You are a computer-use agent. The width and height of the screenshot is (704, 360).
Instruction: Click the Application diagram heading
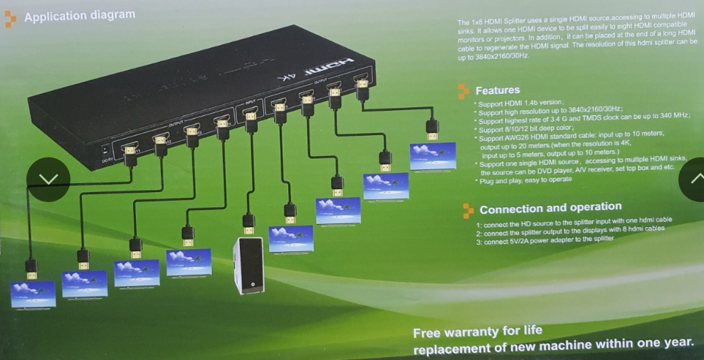(x=79, y=16)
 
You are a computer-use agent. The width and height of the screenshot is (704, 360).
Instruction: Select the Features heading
(x=497, y=90)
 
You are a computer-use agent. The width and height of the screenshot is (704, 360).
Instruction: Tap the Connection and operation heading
(x=550, y=208)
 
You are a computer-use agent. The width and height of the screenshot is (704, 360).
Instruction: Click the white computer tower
(x=248, y=265)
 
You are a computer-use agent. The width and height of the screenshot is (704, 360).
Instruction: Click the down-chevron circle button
(x=48, y=179)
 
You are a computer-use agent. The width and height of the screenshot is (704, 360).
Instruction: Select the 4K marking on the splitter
(x=285, y=77)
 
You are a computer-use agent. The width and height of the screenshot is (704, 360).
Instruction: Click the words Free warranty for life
(x=477, y=331)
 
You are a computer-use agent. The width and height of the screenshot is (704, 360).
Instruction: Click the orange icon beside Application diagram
(x=10, y=19)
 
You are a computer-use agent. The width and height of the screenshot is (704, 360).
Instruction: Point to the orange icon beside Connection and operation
(x=468, y=210)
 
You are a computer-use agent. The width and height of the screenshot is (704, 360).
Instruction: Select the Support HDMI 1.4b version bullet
(x=511, y=103)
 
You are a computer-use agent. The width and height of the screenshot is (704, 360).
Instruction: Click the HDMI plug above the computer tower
(x=248, y=223)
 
